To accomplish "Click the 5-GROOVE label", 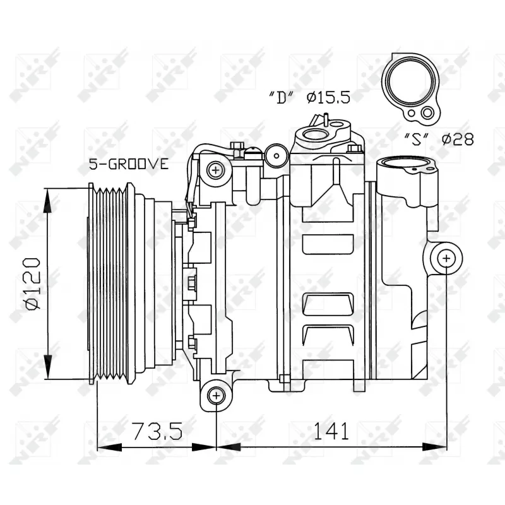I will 128,164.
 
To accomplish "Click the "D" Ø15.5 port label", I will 309,97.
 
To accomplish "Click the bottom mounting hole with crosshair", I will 216,395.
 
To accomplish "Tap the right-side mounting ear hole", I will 446,258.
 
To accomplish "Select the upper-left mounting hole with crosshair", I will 216,169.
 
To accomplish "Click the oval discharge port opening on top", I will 314,134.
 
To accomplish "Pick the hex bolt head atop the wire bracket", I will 237,146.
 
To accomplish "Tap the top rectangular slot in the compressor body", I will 328,244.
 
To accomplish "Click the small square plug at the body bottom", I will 284,379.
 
